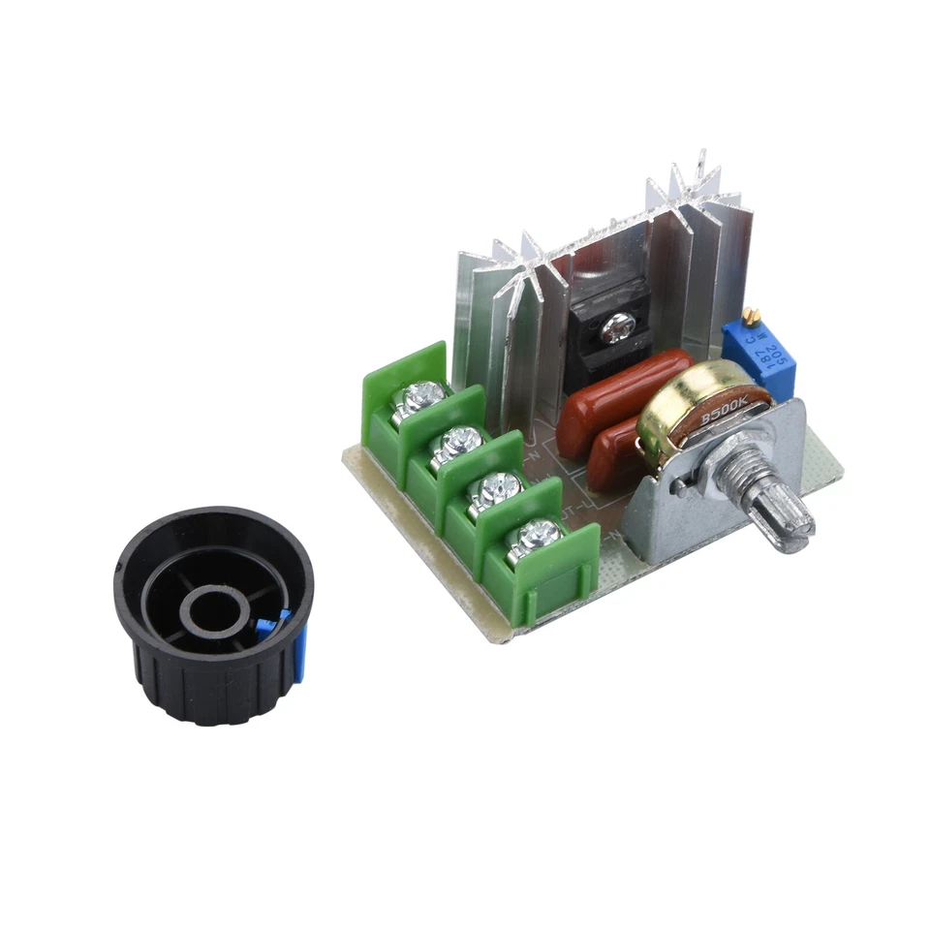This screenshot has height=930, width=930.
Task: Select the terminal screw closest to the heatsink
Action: (422, 394)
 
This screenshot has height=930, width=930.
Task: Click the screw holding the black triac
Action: (615, 331)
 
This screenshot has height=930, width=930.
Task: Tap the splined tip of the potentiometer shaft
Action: (789, 521)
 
